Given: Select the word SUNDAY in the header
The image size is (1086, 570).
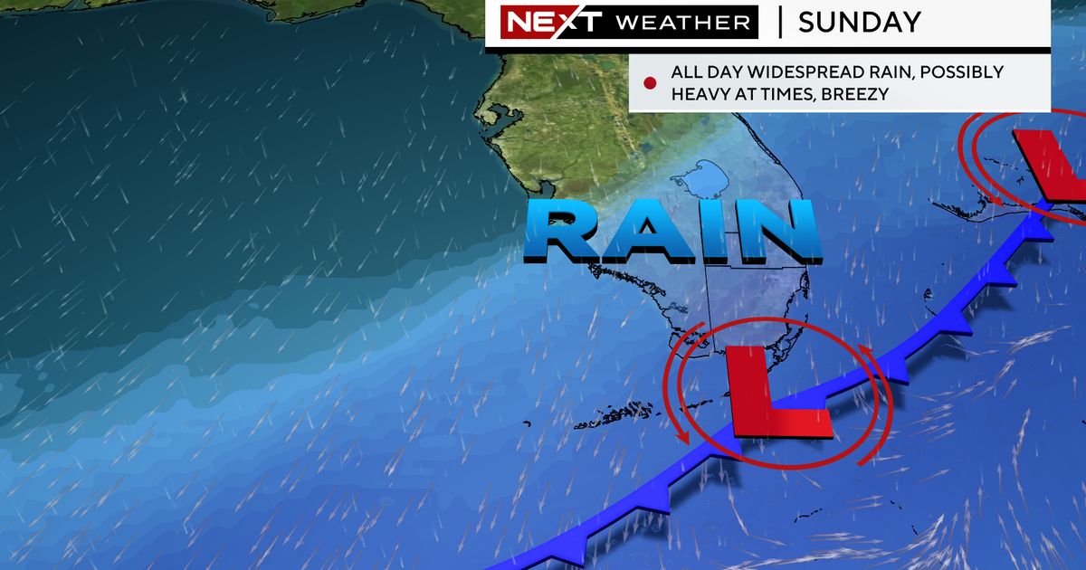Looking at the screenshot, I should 859,22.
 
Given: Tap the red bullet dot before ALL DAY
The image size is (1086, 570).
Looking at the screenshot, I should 649,83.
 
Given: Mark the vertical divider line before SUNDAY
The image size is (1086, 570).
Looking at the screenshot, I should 780,23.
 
